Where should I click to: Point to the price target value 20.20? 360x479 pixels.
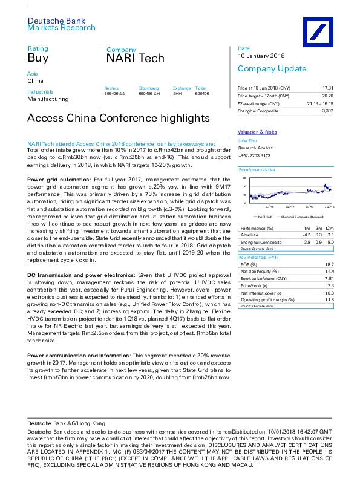click(x=327, y=97)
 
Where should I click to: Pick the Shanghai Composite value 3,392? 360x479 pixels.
click(x=328, y=111)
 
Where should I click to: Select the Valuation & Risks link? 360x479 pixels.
click(x=257, y=132)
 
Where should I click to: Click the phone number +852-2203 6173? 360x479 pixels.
click(x=255, y=155)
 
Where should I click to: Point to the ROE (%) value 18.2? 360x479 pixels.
click(x=329, y=264)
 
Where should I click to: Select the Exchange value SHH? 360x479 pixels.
click(x=177, y=93)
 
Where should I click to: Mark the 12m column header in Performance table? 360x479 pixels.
click(x=329, y=227)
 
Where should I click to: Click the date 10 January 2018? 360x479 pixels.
click(x=261, y=56)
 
